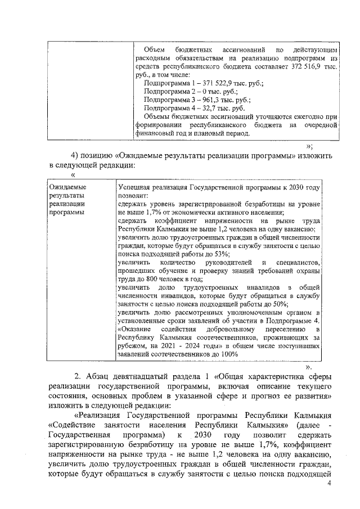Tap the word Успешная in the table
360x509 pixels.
click(x=136, y=187)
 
